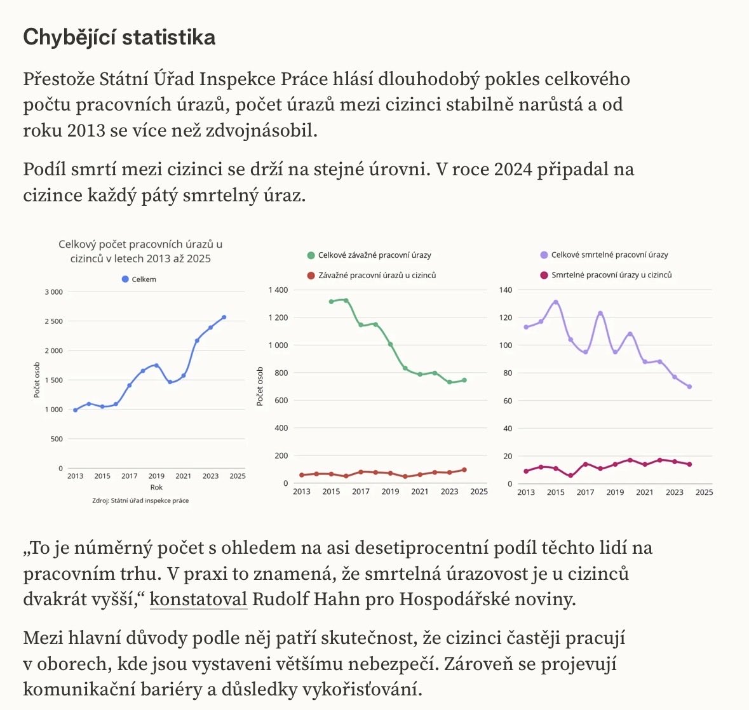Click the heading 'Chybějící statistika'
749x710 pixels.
tap(119, 37)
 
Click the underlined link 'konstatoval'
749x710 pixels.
tap(198, 599)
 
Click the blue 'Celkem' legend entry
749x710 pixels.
tap(139, 279)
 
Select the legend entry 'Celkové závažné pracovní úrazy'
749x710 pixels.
tap(369, 255)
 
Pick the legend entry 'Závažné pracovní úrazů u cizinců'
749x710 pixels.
tap(372, 275)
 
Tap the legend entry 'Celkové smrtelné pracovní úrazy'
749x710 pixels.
tap(604, 255)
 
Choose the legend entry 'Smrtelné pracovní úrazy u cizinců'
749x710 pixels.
tap(605, 274)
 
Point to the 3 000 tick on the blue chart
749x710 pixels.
tap(53, 291)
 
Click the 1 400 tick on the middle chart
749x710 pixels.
tap(278, 290)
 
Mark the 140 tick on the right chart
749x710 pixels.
tap(506, 290)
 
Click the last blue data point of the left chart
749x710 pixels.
tap(224, 317)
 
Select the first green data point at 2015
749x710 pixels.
tap(332, 302)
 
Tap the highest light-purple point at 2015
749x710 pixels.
tap(556, 302)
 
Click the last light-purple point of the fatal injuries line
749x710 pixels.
tap(690, 387)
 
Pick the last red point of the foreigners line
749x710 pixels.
tap(464, 470)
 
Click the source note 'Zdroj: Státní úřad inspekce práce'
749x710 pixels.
tap(140, 500)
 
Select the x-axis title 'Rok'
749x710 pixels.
tap(156, 487)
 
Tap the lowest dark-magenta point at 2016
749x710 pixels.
tap(571, 476)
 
